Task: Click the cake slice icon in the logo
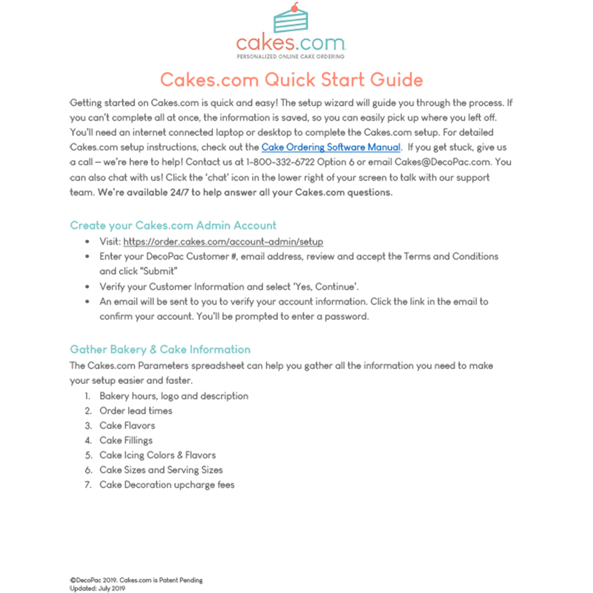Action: pos(291,21)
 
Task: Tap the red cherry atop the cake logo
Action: pos(297,7)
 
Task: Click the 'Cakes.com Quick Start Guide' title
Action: pos(292,79)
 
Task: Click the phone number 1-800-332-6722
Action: pos(281,162)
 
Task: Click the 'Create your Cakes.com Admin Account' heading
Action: pos(173,225)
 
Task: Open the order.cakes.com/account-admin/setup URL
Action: pos(223,242)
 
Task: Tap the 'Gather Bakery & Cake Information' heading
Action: pos(160,349)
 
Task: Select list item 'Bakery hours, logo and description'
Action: pos(174,396)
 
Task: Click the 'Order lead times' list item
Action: pos(136,411)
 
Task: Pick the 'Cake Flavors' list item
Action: pos(127,426)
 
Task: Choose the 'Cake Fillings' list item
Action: pos(126,441)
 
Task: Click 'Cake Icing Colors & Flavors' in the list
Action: pos(157,455)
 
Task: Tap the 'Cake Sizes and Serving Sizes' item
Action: pos(161,470)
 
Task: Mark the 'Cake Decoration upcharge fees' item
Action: pos(167,485)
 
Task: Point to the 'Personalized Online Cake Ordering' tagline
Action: pos(291,56)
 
